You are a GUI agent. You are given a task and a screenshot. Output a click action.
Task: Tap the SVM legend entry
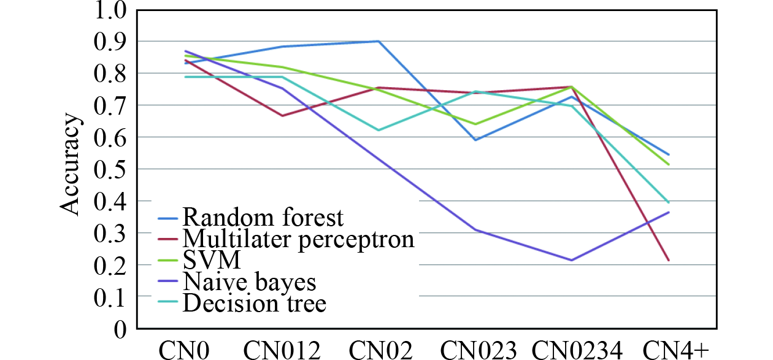pos(212,260)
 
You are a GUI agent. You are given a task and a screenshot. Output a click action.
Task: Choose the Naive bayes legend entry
pos(249,281)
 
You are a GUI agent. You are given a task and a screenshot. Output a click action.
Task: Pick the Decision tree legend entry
pos(255,303)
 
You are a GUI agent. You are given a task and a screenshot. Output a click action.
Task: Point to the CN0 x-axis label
pos(185,350)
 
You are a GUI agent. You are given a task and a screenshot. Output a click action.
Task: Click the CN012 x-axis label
pos(282,350)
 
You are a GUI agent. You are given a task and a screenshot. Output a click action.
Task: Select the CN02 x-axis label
pos(379,350)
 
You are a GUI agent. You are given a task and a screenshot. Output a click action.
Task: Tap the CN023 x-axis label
pos(475,350)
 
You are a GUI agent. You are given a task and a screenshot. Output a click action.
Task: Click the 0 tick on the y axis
pos(119,329)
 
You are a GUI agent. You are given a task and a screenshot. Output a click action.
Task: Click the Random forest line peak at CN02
pos(379,41)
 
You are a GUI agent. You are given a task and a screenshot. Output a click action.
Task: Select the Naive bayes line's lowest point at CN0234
pos(572,260)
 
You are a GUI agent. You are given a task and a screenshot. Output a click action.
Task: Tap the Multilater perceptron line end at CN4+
pos(669,261)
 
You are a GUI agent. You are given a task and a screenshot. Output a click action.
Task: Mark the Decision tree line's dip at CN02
pos(379,130)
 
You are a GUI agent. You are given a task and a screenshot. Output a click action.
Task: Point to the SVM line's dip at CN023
pos(475,124)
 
